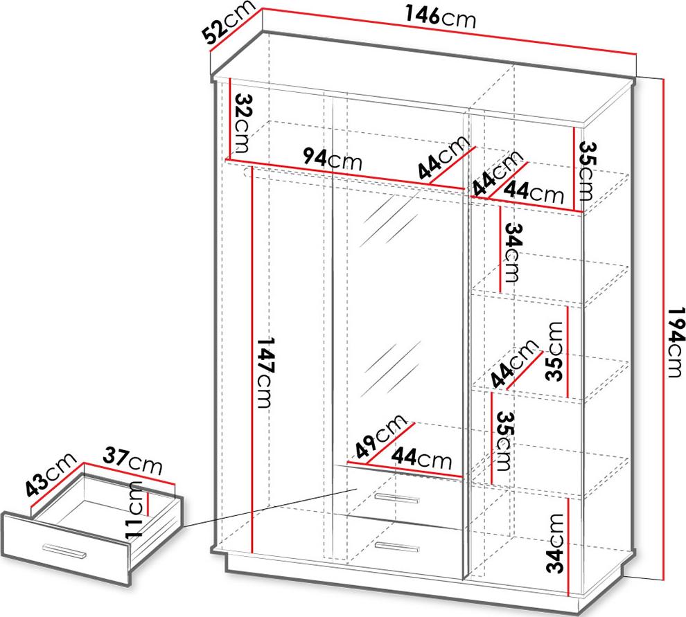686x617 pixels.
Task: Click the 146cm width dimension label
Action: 440,18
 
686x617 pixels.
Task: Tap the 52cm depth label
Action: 229,22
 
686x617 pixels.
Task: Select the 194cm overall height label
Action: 676,342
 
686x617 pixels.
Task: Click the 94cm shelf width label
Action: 333,159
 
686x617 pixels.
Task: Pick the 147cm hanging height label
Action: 265,373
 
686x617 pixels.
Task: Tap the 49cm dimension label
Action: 380,436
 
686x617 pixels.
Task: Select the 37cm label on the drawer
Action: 132,462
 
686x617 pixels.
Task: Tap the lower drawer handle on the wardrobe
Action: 397,546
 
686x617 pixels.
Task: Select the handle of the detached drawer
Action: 64,551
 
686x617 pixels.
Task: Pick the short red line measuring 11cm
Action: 148,504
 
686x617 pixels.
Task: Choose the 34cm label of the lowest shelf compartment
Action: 555,543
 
